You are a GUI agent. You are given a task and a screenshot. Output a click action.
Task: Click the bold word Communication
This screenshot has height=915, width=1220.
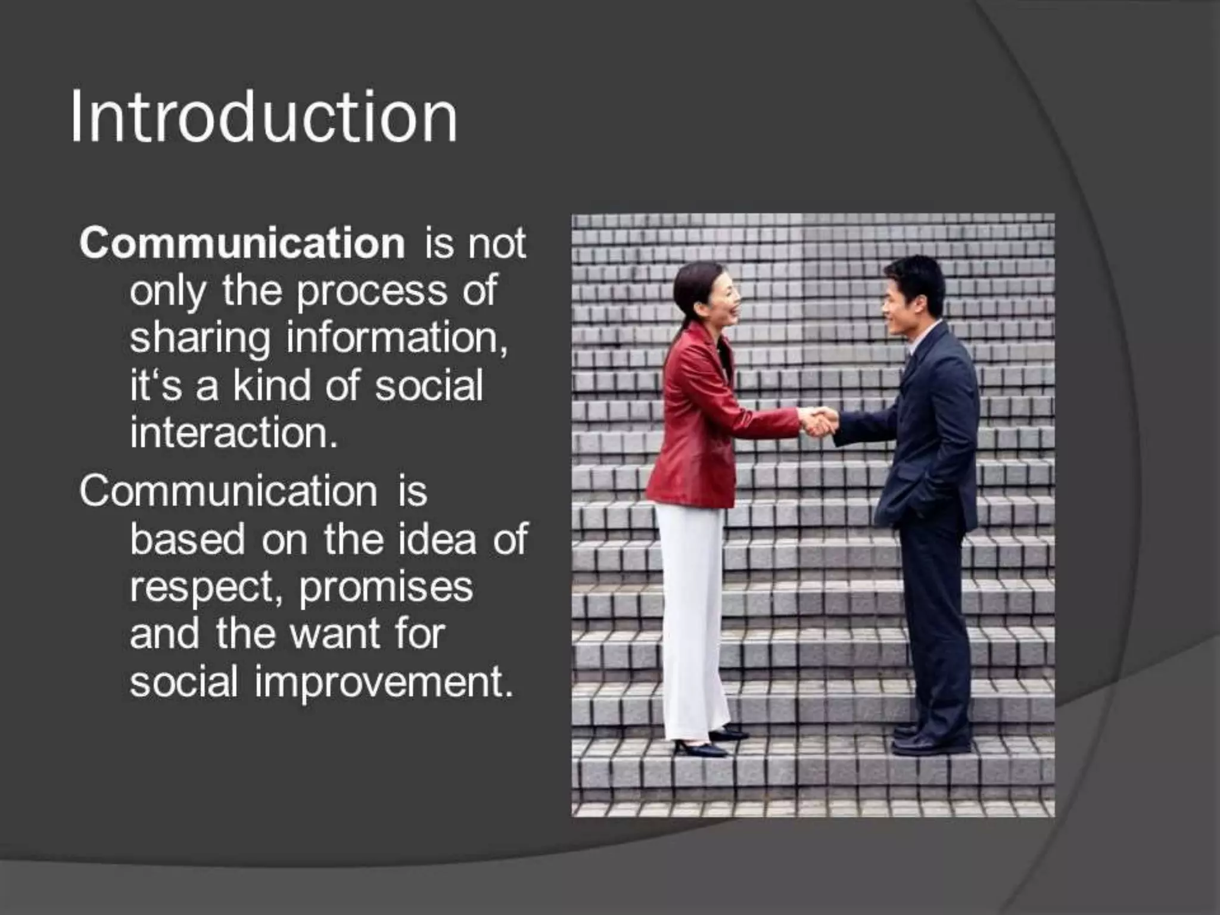(242, 244)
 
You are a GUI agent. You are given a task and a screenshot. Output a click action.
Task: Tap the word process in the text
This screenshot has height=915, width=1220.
(372, 292)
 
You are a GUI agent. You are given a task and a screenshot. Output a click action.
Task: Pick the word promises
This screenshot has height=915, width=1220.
(385, 589)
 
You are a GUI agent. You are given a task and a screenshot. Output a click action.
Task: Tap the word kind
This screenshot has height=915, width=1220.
(272, 385)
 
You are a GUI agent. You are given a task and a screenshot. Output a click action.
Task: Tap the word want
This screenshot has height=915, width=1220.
(335, 635)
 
